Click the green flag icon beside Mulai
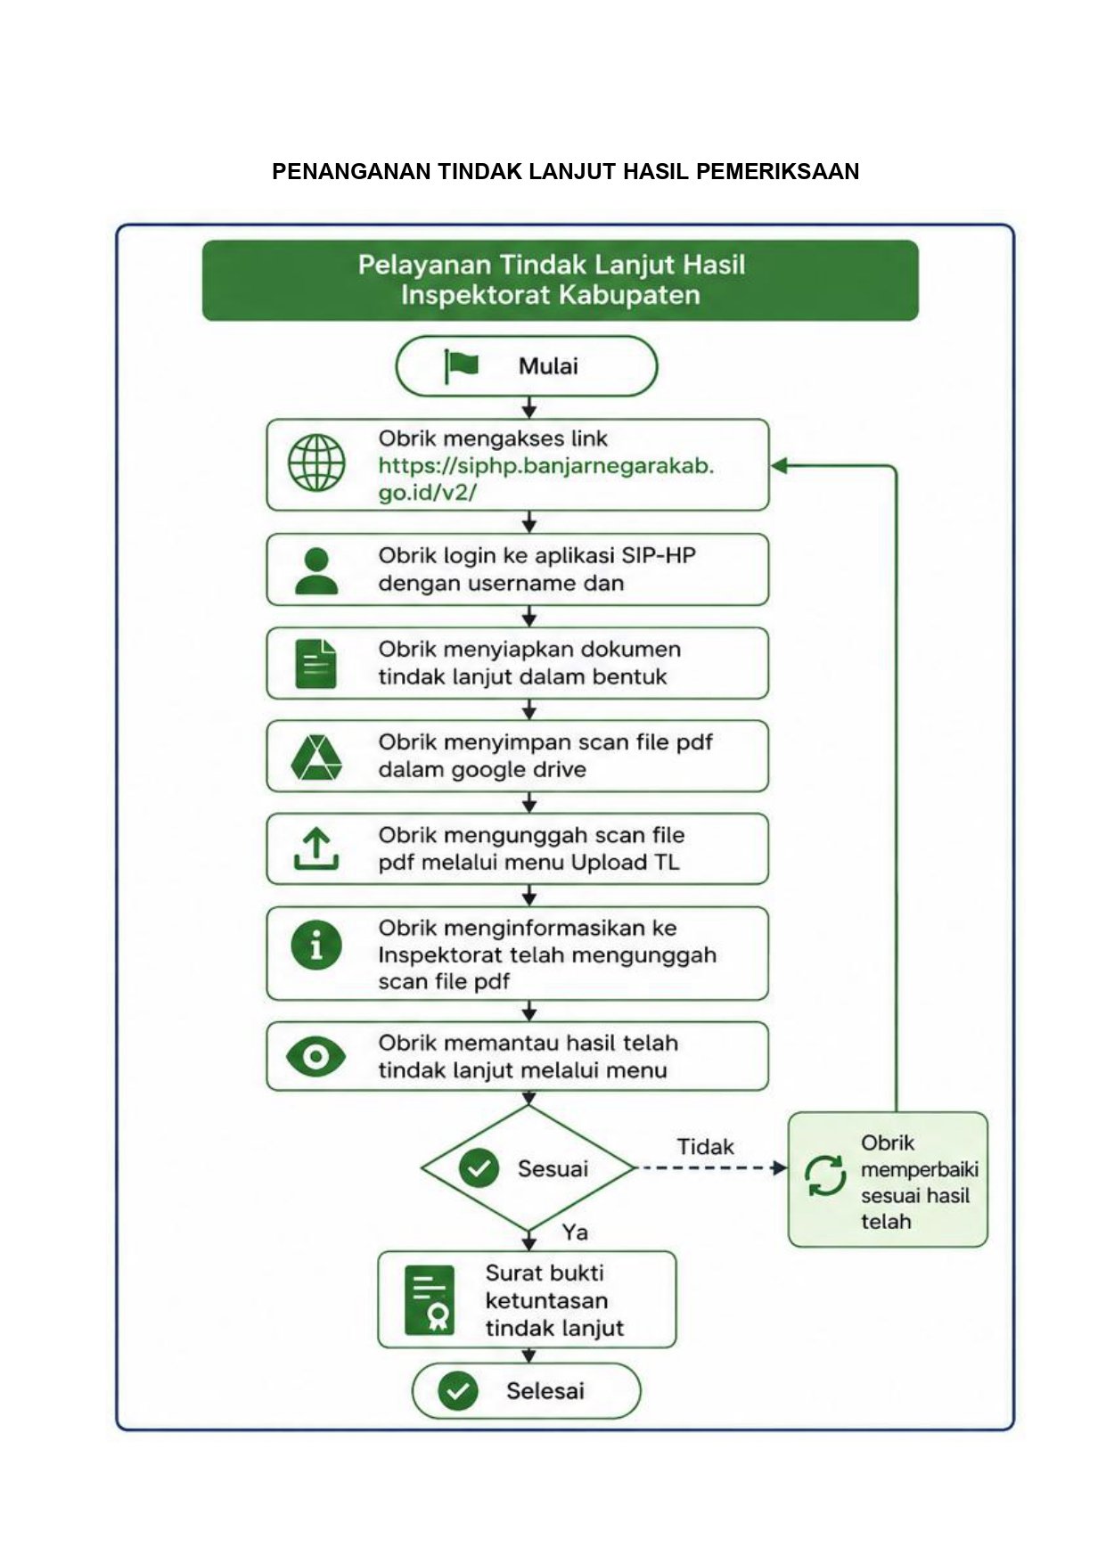point(461,365)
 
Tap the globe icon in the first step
point(316,463)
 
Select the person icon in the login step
point(316,571)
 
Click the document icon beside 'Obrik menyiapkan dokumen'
point(315,664)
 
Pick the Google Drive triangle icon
point(316,757)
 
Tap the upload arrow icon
point(316,848)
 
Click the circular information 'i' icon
point(316,945)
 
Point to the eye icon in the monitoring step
point(315,1057)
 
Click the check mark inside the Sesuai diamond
point(479,1168)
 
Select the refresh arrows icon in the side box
point(825,1176)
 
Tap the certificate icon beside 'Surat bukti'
point(430,1300)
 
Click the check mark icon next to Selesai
point(458,1391)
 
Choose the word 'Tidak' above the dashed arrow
point(705,1147)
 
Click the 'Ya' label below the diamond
point(575,1232)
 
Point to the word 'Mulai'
point(548,366)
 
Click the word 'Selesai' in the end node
point(545,1391)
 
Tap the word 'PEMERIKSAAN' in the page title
point(777,171)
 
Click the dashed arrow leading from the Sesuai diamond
point(711,1168)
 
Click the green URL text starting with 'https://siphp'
point(546,479)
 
